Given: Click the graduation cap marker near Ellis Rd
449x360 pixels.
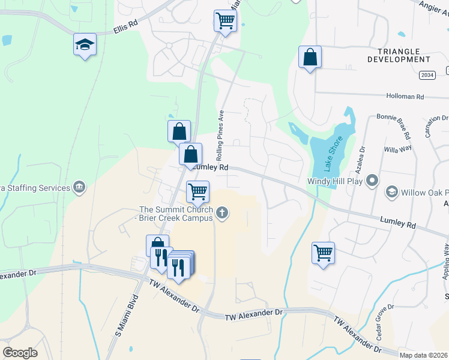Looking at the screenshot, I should [85, 44].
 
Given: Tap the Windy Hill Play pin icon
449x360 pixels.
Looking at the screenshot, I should [373, 180].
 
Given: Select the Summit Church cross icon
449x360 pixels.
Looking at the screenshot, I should [223, 212].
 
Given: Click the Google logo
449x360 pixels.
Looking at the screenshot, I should [20, 353].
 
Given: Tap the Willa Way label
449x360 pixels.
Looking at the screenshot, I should [398, 147].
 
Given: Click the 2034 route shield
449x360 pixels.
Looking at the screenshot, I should [427, 75].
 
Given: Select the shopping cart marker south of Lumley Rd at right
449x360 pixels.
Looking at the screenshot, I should [323, 253].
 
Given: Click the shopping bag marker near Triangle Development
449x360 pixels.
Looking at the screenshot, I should [310, 57].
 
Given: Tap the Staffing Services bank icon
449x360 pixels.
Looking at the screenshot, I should [79, 188].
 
